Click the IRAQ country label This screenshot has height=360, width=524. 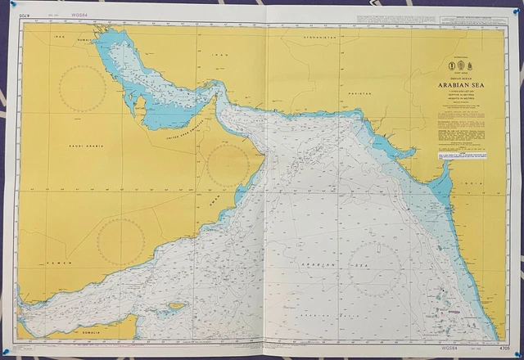[59, 37]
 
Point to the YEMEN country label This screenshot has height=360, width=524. [59, 263]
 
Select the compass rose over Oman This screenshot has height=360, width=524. [228, 166]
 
